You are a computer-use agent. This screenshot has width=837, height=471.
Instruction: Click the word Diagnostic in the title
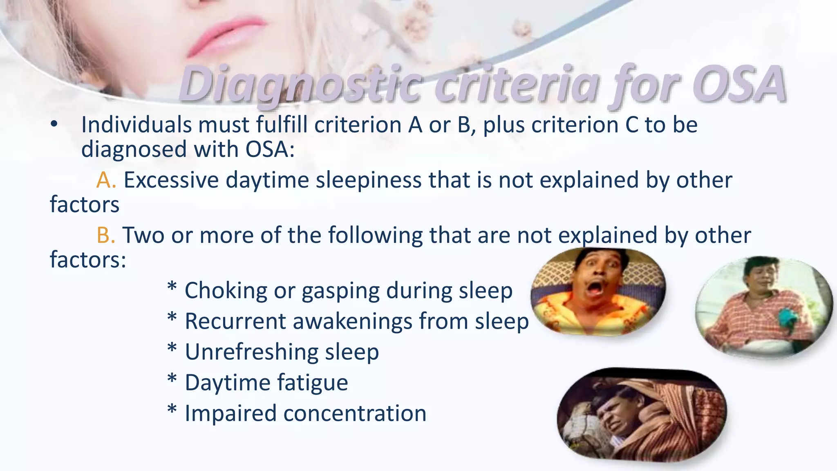click(x=300, y=85)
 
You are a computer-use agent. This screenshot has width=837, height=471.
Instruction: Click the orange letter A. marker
click(x=106, y=180)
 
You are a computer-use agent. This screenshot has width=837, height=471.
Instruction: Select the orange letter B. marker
click(x=106, y=235)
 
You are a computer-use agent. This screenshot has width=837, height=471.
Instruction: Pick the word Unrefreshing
click(x=251, y=352)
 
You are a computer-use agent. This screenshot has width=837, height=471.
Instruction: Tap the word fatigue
click(x=312, y=383)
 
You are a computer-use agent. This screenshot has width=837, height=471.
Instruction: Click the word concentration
click(x=355, y=413)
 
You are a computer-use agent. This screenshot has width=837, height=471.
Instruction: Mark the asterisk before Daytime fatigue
click(x=172, y=379)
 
